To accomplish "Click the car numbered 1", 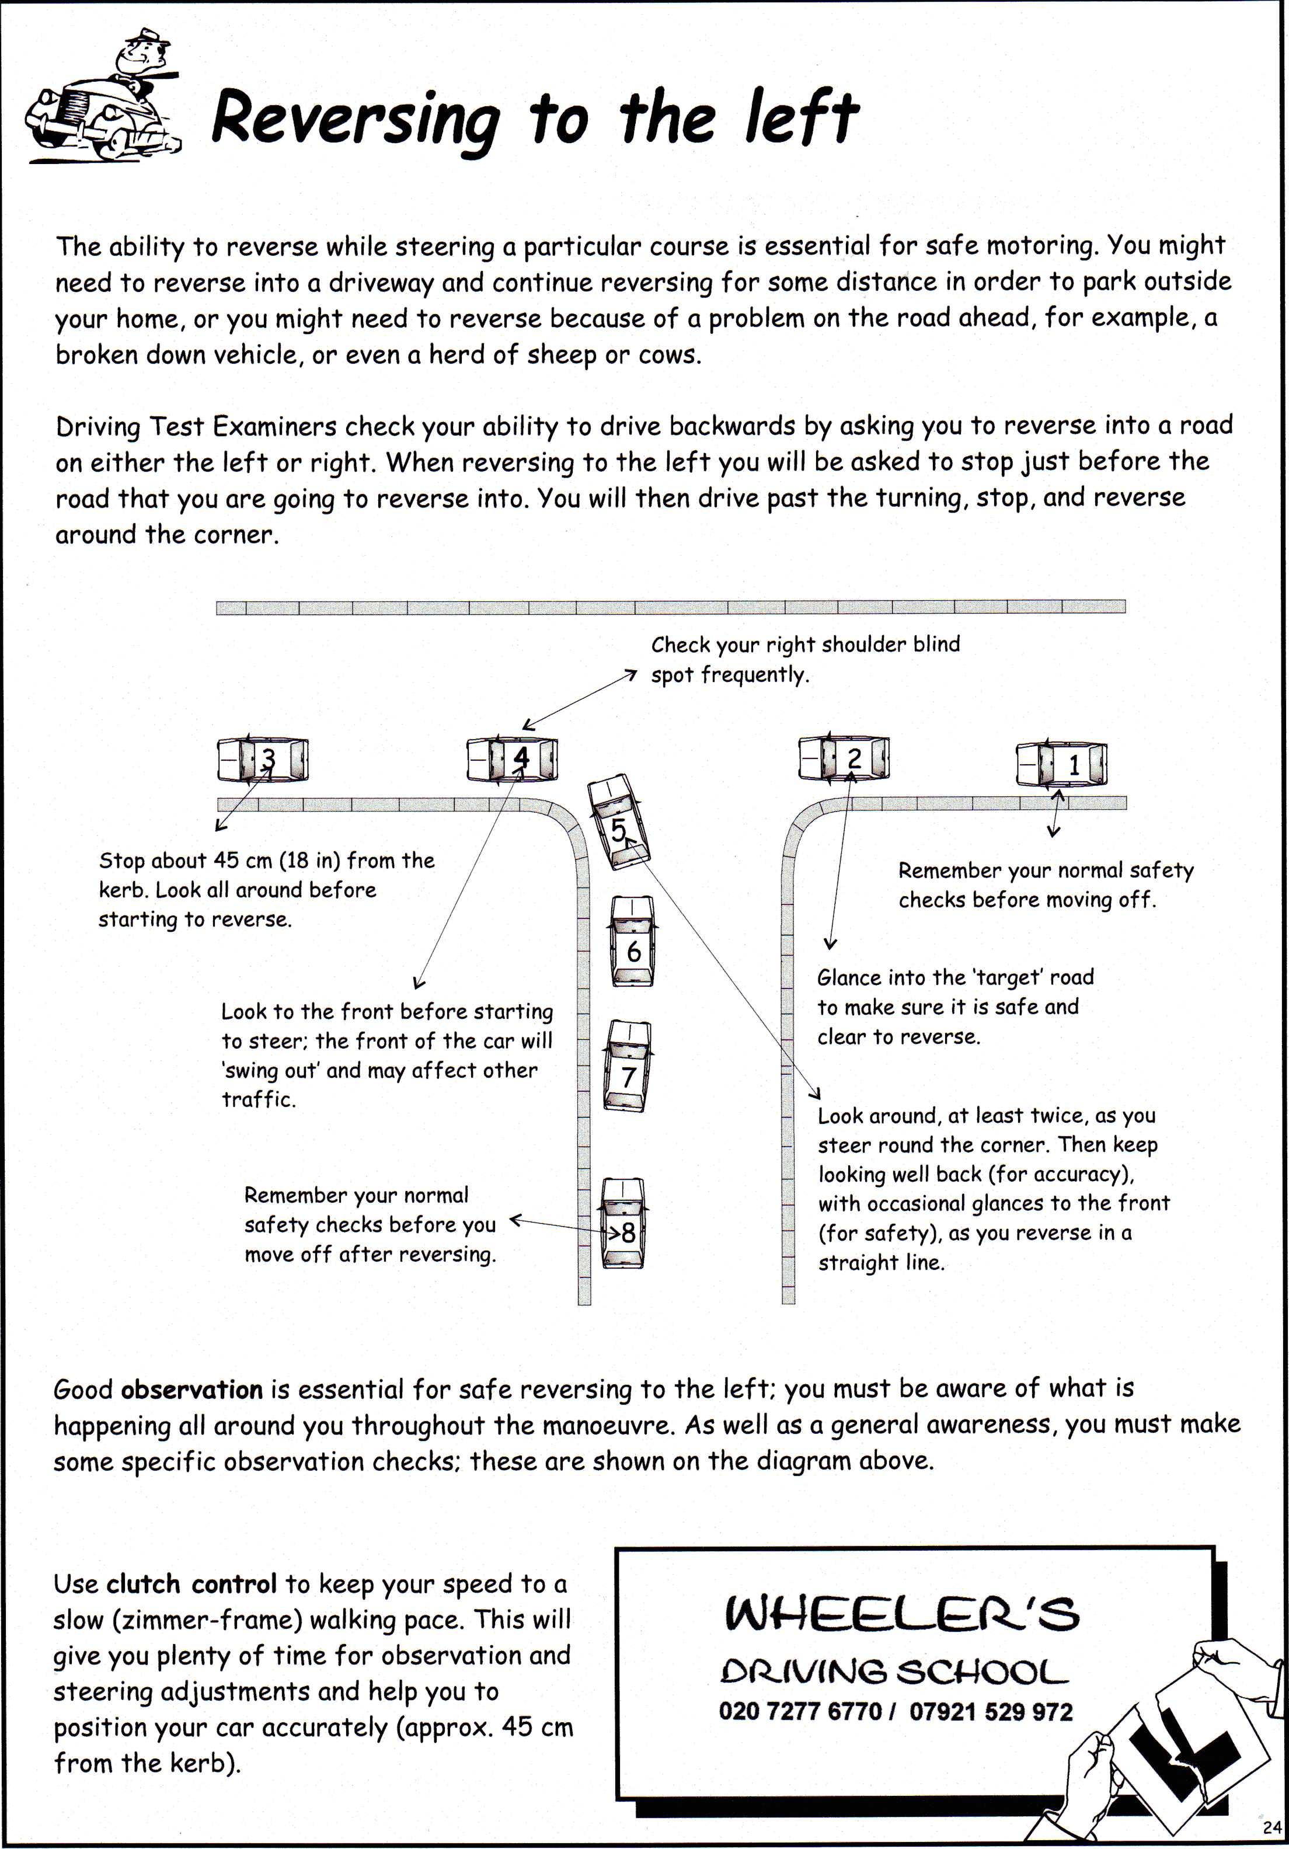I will tap(1061, 764).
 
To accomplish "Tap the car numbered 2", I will tap(844, 758).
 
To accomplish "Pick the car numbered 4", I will tap(513, 758).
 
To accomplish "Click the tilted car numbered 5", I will tap(618, 822).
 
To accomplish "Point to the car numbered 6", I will tap(633, 941).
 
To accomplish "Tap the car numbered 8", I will tap(623, 1223).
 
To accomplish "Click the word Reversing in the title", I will tap(355, 119).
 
